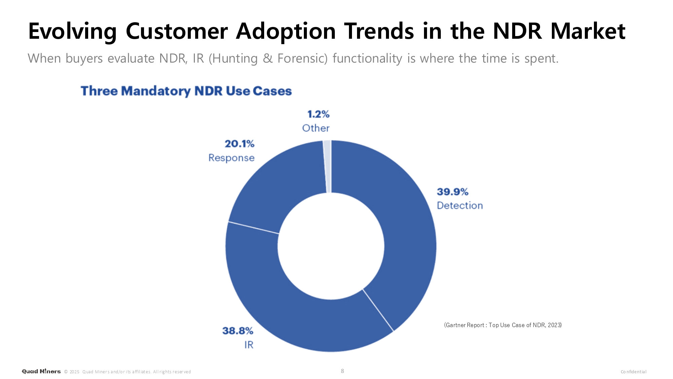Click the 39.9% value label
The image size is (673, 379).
coord(453,192)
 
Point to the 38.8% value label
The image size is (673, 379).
coord(238,331)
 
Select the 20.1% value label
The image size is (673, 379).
coord(240,144)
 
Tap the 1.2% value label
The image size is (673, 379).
coord(318,114)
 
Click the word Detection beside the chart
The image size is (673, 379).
coord(460,206)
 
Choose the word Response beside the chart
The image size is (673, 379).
coord(232,158)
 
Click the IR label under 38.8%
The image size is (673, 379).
coord(249,345)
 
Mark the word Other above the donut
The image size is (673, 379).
coord(316,128)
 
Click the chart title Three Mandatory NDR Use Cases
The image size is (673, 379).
coord(186,91)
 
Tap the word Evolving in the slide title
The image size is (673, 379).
coord(72,31)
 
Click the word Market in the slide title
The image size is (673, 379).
coord(588,31)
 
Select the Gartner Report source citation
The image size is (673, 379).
coord(503,325)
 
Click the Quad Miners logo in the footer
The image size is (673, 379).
coord(41,371)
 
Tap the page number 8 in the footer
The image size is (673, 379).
coord(342,371)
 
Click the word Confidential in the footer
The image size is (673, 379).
coord(633,372)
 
